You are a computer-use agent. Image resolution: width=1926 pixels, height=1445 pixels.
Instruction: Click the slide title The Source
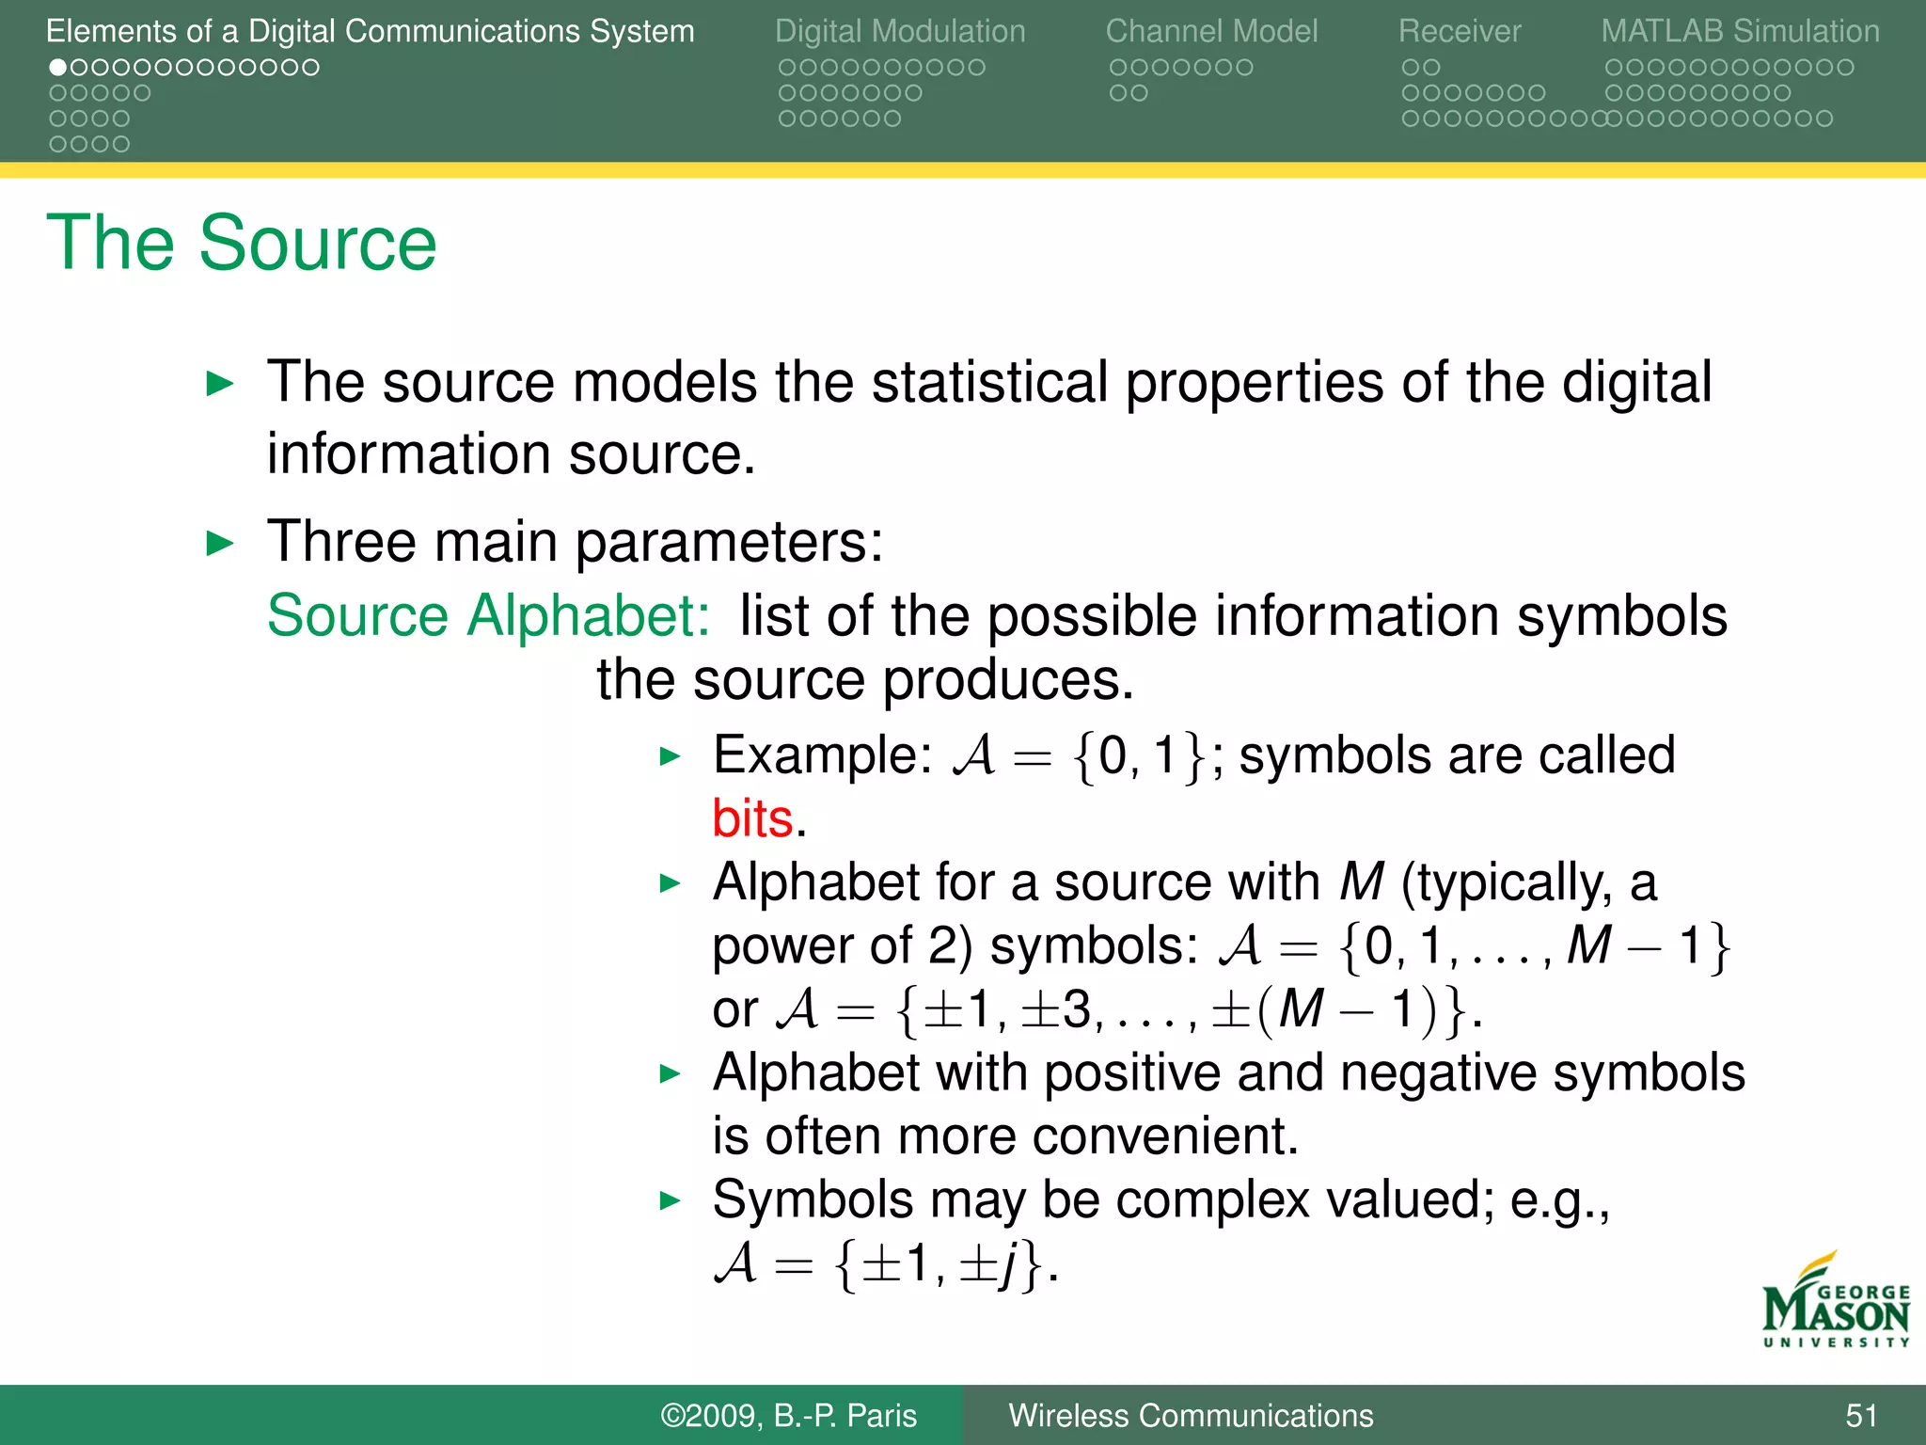(241, 243)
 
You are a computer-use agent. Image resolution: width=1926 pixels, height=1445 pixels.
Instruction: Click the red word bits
(752, 818)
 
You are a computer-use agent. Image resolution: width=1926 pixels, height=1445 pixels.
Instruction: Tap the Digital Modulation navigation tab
(900, 31)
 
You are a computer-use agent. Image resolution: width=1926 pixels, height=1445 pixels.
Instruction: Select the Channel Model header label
(1211, 31)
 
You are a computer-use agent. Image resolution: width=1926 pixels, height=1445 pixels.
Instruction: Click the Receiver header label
(1459, 31)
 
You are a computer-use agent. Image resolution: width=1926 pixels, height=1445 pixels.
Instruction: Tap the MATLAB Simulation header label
(1740, 31)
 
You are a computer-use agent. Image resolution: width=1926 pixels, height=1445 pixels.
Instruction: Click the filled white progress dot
(58, 68)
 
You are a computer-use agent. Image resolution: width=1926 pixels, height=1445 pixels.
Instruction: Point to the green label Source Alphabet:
(488, 616)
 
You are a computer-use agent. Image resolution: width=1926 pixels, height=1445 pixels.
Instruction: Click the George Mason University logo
(1835, 1303)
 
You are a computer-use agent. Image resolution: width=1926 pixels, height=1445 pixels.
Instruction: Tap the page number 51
(1861, 1415)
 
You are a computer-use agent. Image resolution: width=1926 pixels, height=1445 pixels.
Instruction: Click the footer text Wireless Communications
(1191, 1415)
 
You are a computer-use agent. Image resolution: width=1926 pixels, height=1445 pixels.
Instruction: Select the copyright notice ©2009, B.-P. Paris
(788, 1415)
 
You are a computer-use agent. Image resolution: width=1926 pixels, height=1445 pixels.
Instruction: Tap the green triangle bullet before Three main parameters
(219, 543)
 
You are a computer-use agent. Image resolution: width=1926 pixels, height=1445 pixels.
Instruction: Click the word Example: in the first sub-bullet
(822, 755)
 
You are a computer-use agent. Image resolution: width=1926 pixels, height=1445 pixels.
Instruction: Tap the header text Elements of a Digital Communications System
(370, 31)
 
